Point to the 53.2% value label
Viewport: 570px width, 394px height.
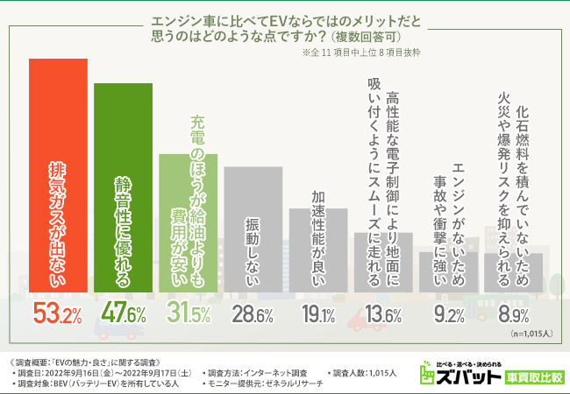tap(59, 313)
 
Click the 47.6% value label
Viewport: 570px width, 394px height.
tap(123, 313)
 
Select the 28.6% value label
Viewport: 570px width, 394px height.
tap(253, 313)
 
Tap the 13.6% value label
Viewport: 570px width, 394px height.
tap(382, 313)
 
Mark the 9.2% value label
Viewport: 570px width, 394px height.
tap(447, 313)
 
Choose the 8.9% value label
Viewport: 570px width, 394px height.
tap(512, 313)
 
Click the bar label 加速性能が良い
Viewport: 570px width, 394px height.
tap(317, 236)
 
